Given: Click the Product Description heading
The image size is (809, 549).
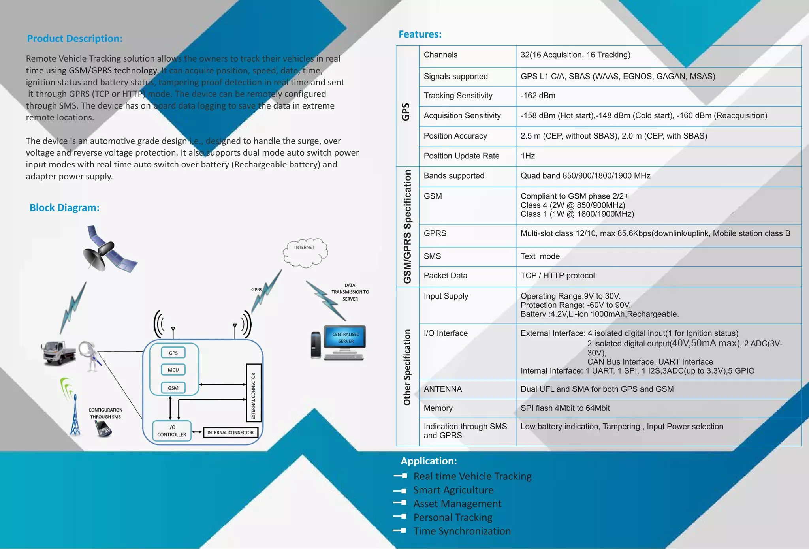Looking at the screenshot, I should point(75,39).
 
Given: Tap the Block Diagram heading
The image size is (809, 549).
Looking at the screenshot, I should point(64,208).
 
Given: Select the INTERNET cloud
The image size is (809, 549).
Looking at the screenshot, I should point(305,252).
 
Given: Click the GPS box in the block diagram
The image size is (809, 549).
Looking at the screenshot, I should point(173,353).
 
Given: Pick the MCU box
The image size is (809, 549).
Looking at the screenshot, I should point(173,370).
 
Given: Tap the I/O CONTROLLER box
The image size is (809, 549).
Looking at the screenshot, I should point(171,431).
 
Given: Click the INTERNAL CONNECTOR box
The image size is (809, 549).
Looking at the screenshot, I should point(230,432).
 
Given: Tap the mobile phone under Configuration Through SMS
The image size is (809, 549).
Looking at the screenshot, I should point(103,429).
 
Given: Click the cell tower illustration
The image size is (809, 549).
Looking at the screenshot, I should point(75,415).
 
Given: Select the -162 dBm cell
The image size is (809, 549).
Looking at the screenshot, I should point(538,96).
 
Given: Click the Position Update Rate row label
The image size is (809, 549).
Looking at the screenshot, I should point(461,156).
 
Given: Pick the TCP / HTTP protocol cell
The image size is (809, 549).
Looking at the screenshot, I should point(557,276).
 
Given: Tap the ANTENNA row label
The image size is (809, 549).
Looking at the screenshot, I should point(442,389).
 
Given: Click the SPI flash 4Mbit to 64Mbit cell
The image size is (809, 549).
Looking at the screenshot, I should point(565,408).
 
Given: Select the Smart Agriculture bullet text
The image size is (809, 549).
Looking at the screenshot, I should point(453,490).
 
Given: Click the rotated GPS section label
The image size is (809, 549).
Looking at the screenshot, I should point(406,112).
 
